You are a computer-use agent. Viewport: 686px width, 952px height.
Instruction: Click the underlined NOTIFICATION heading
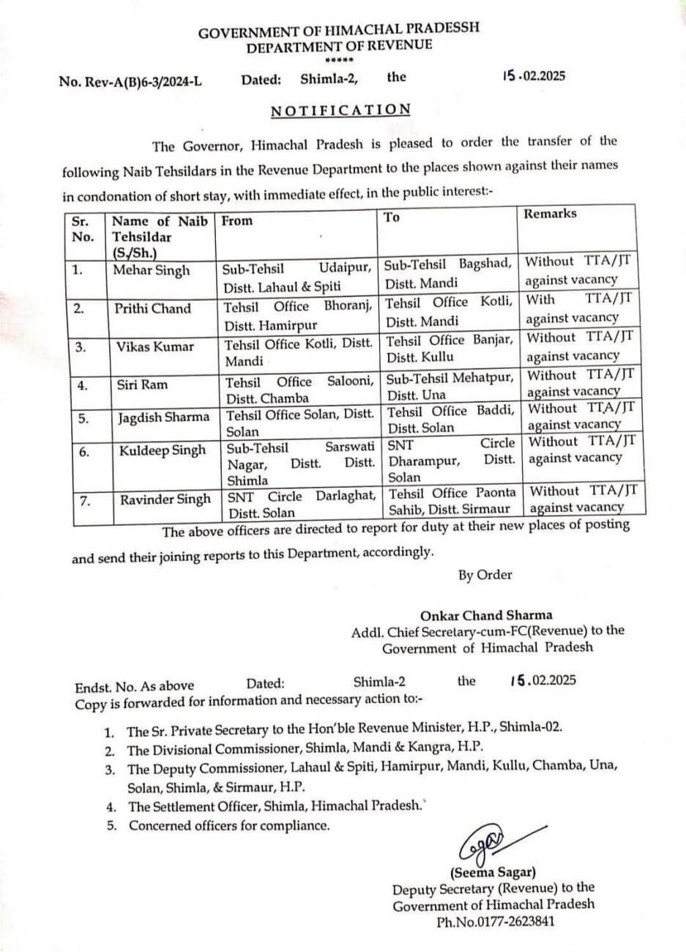[x=340, y=110]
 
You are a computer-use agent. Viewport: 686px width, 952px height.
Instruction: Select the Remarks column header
[x=550, y=214]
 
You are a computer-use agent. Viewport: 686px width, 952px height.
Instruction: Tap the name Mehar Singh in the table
[x=151, y=270]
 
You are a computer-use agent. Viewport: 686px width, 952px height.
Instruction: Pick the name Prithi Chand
[x=152, y=308]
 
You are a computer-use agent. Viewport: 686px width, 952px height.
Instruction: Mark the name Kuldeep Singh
[x=163, y=450]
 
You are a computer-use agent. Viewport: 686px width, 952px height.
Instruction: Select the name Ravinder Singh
[x=165, y=499]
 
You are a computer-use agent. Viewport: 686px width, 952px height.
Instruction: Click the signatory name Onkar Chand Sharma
[x=486, y=615]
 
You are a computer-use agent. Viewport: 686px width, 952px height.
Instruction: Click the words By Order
[x=485, y=575]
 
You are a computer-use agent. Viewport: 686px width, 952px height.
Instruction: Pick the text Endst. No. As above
[x=135, y=686]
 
